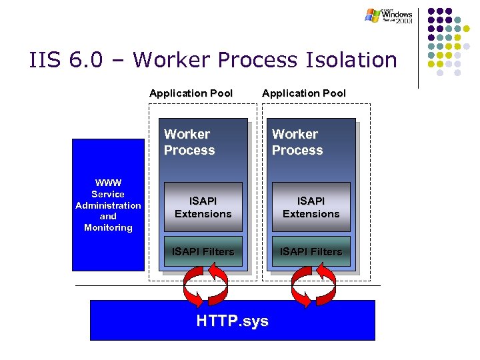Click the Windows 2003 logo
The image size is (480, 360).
click(x=389, y=15)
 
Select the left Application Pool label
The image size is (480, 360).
click(x=191, y=93)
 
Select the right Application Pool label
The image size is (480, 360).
click(x=304, y=93)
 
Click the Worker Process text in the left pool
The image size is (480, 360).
click(x=189, y=143)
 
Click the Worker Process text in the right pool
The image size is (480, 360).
click(x=297, y=143)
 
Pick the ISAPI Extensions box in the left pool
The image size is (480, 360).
click(x=203, y=207)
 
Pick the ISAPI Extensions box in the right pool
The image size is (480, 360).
click(x=311, y=207)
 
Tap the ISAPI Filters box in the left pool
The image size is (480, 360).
click(x=203, y=251)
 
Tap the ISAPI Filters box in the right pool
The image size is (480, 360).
click(x=311, y=251)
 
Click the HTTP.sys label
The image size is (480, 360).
click(x=232, y=321)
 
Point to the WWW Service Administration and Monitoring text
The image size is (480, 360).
click(x=108, y=205)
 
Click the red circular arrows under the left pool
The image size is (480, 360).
click(x=205, y=286)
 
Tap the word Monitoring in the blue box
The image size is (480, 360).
click(x=108, y=228)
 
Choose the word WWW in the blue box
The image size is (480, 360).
click(x=108, y=183)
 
